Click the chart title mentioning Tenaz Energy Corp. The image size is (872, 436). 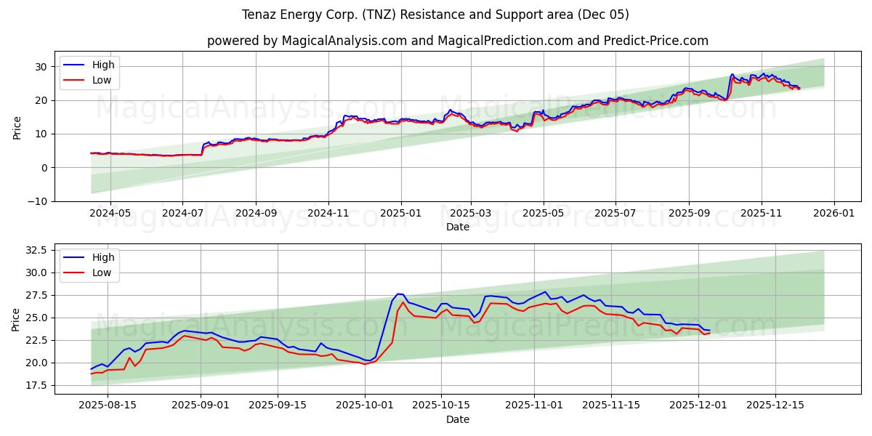pos(435,15)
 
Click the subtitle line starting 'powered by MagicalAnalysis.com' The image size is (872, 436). pos(457,41)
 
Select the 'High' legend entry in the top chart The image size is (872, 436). pos(102,65)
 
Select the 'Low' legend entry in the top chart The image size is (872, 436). pos(102,80)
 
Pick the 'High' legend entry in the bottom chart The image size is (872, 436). pos(102,257)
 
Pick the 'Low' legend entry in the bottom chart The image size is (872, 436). pos(102,272)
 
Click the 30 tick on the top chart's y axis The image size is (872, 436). pos(41,67)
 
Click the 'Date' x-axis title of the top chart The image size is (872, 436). pos(457,227)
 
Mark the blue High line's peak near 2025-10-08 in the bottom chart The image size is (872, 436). pos(398,294)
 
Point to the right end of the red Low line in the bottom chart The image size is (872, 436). pos(709,333)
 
